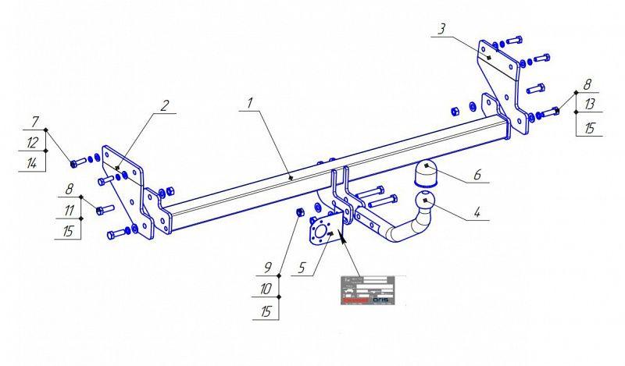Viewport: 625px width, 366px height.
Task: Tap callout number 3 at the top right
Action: [441, 29]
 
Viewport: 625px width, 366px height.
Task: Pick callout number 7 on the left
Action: [34, 122]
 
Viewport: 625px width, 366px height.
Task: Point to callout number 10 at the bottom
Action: [266, 290]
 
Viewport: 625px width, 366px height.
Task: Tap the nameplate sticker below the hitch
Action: [368, 290]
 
